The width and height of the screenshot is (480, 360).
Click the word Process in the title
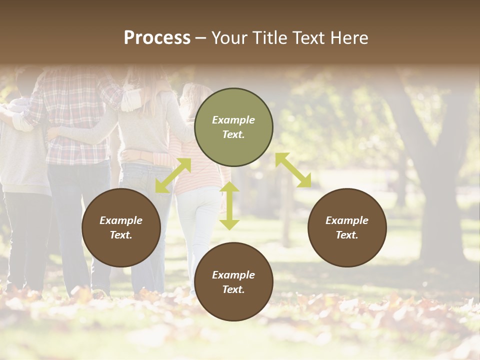(157, 38)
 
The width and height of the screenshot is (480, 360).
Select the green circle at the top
(233, 127)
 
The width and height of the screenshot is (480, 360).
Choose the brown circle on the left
(121, 228)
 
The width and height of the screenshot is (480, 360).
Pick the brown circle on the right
(347, 228)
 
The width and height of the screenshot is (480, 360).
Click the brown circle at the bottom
(233, 282)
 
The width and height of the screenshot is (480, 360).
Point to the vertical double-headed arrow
(229, 205)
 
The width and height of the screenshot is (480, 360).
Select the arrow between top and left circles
(173, 175)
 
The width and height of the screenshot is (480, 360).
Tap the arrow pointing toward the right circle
(293, 170)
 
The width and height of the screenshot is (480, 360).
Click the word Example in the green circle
(233, 120)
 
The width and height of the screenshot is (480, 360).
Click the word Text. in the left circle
(121, 235)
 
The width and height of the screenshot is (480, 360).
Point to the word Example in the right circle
(347, 220)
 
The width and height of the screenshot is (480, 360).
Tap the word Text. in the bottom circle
(233, 289)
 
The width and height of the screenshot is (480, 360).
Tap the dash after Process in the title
(201, 38)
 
